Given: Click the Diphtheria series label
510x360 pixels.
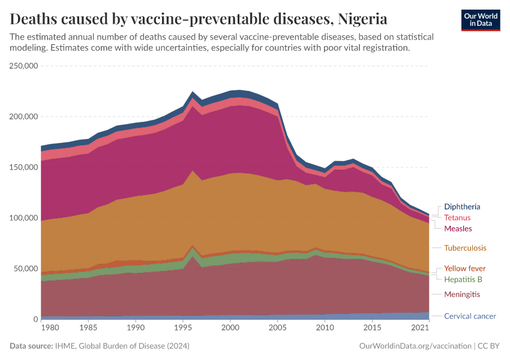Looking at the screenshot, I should coord(462,207).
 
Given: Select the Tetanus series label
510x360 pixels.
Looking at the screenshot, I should coord(457,218).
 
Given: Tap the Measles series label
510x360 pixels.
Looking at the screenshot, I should coord(458,229).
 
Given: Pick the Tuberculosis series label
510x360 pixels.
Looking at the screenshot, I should coord(465,248).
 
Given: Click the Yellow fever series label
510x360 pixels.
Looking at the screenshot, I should coord(464,268).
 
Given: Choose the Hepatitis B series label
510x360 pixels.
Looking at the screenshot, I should coord(463,279).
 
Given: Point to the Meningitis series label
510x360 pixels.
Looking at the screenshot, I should coord(462,295).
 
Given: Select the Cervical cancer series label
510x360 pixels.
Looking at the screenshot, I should coord(470,316).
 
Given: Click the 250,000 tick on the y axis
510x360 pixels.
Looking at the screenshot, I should coord(24,66).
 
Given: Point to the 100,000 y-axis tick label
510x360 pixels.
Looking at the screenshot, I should coord(24,218).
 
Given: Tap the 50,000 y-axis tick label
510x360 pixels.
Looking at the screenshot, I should coord(26,269).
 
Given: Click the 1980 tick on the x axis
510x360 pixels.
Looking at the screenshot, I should coord(50,328).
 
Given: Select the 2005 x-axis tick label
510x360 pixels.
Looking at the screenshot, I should coord(277,328).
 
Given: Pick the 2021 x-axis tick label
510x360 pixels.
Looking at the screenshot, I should coord(420,328).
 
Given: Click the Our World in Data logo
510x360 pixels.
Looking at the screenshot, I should coord(481,19).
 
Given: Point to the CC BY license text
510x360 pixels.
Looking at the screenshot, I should coord(488,346).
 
